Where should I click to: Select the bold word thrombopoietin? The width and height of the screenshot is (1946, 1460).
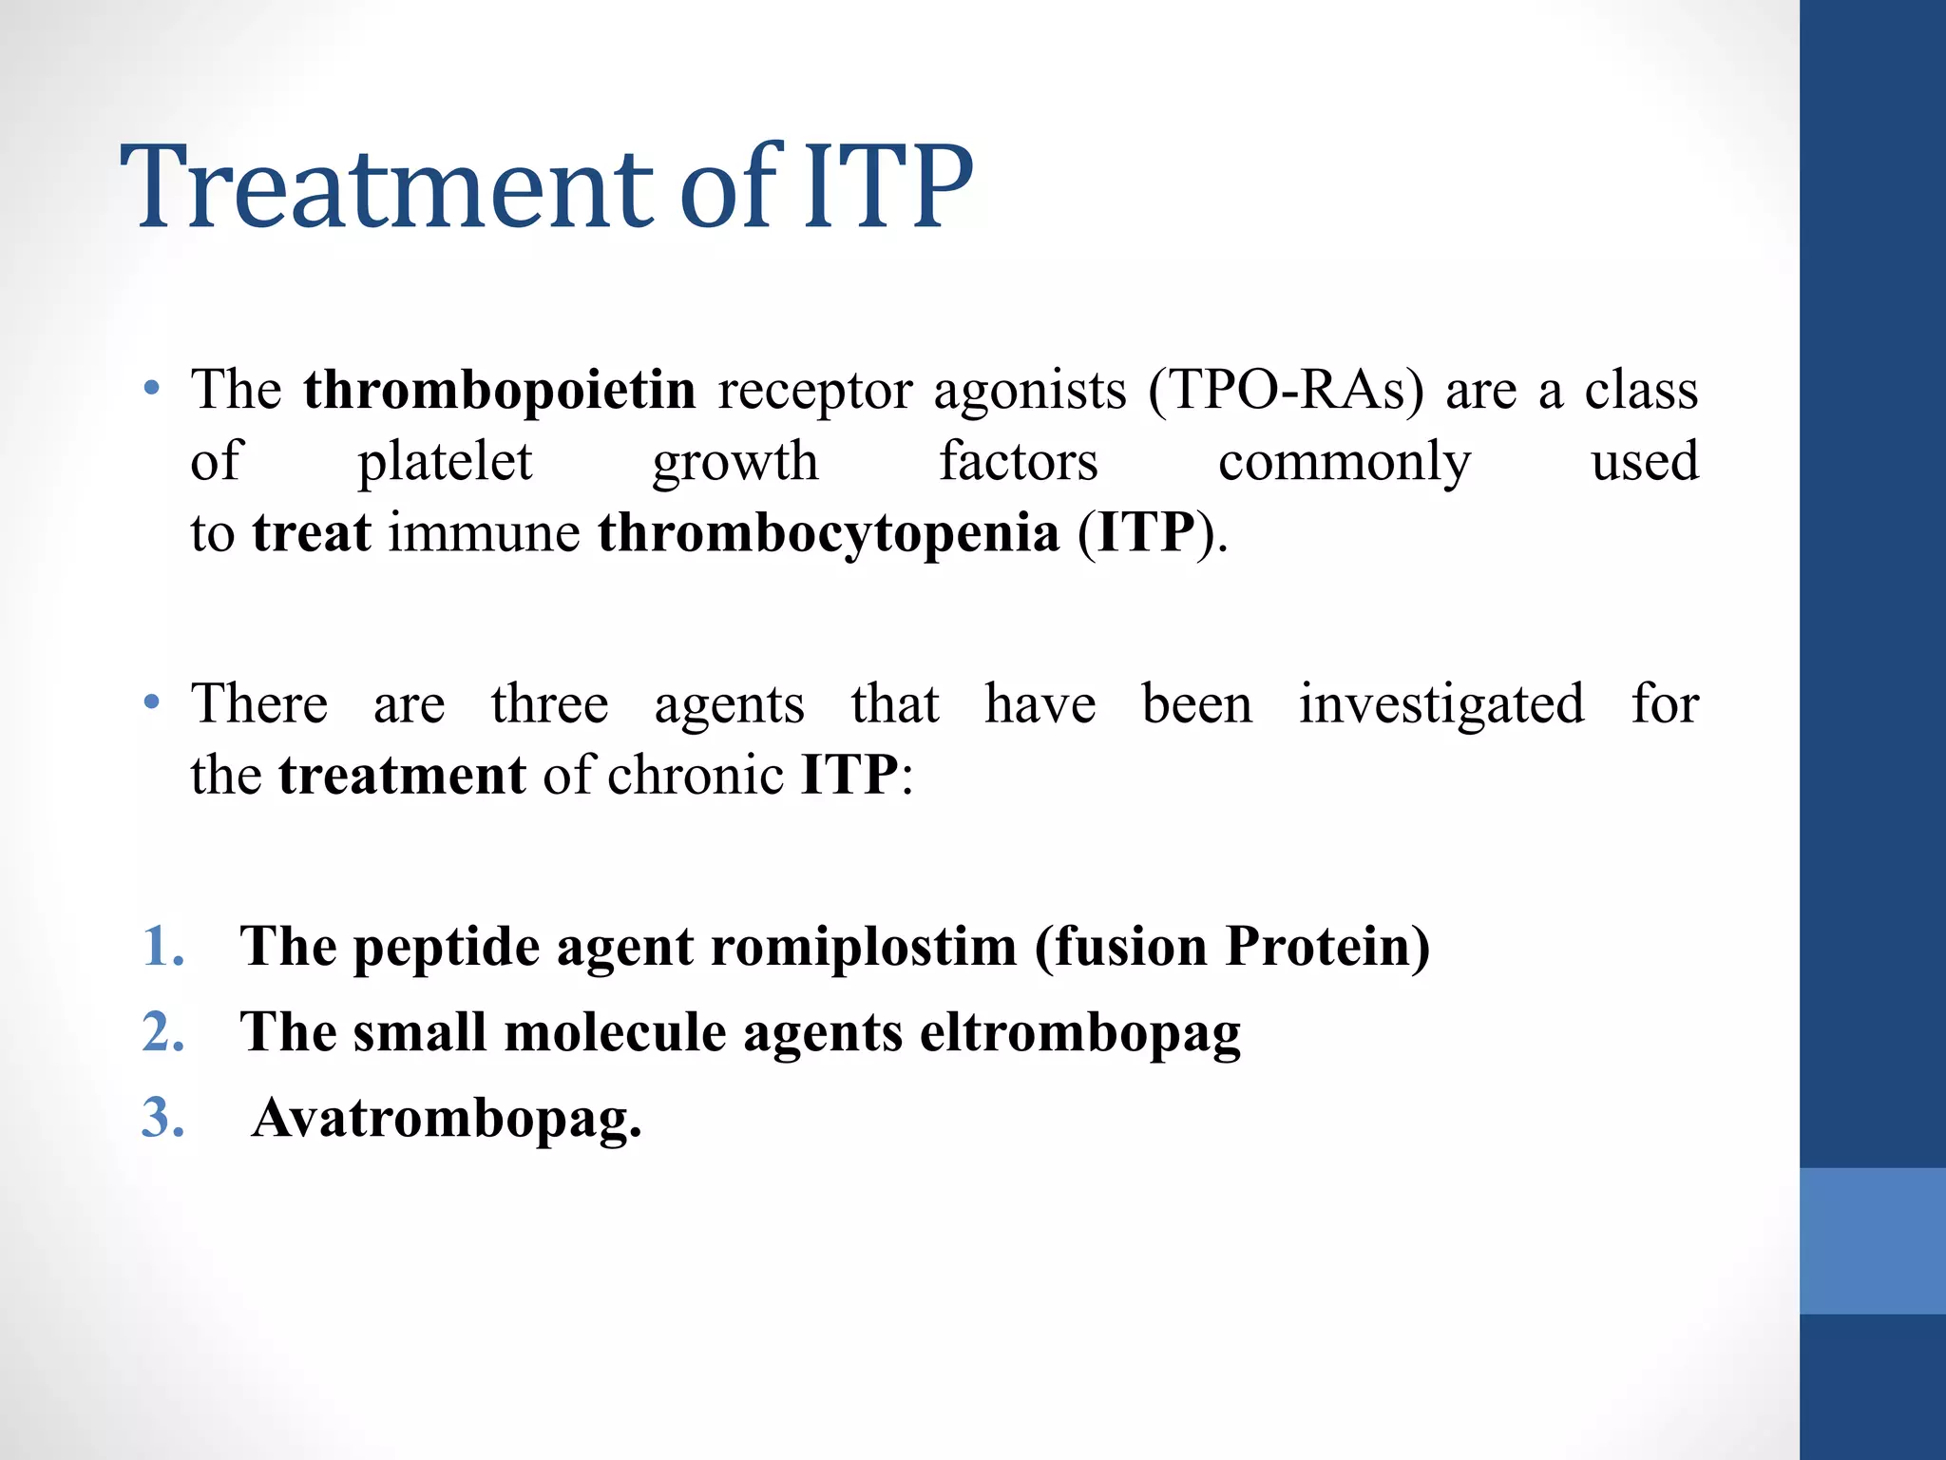pyautogui.click(x=500, y=390)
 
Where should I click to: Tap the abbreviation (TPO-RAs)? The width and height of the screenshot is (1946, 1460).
pyautogui.click(x=1287, y=390)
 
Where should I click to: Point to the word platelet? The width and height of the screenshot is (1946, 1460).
pyautogui.click(x=445, y=462)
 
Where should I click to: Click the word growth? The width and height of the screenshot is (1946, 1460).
pyautogui.click(x=735, y=462)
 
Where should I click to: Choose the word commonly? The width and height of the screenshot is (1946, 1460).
pyautogui.click(x=1345, y=462)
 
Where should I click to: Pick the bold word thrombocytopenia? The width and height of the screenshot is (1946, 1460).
pyautogui.click(x=829, y=532)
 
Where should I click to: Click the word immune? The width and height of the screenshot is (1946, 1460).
pyautogui.click(x=485, y=532)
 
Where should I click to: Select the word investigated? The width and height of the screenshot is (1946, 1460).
pyautogui.click(x=1441, y=704)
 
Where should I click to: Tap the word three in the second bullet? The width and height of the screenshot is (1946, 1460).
pyautogui.click(x=549, y=704)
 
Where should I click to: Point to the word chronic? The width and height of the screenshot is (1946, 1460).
pyautogui.click(x=696, y=775)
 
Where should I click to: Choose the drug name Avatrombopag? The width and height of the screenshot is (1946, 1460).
pyautogui.click(x=447, y=1118)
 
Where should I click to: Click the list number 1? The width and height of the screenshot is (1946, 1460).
pyautogui.click(x=162, y=947)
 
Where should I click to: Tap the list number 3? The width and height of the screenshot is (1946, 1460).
pyautogui.click(x=162, y=1118)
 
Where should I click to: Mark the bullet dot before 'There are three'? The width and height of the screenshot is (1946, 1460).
pyautogui.click(x=151, y=703)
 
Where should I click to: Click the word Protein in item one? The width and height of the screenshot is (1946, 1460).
pyautogui.click(x=1326, y=947)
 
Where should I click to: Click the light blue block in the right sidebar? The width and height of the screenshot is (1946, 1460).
pyautogui.click(x=1872, y=1240)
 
